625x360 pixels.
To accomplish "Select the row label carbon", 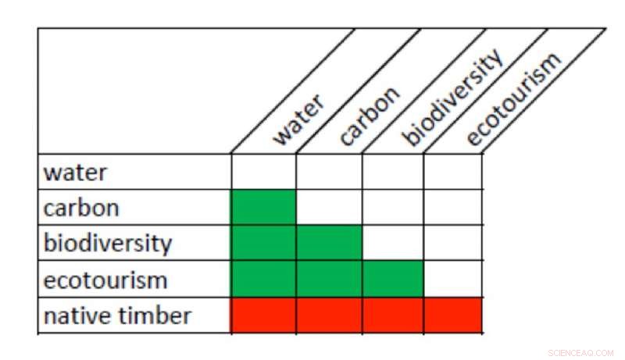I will tap(81, 208).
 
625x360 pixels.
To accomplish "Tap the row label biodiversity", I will tap(106, 243).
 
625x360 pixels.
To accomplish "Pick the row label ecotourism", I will tap(105, 279).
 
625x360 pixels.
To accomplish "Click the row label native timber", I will tap(117, 315).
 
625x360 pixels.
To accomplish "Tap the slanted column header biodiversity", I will tap(452, 98).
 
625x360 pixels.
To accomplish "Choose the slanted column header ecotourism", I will tap(512, 98).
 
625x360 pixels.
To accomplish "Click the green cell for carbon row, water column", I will tap(263, 208).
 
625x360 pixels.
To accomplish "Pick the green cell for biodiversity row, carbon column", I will tap(329, 243).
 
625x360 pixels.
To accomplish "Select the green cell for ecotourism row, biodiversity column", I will tap(393, 279).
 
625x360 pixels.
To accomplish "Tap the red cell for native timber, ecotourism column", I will tap(452, 315).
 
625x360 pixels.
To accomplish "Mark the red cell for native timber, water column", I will tap(263, 315).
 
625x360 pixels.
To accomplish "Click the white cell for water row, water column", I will tap(263, 172).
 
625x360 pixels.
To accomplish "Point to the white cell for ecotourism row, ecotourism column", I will tap(452, 279).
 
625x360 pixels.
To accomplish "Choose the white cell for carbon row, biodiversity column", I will tap(393, 208).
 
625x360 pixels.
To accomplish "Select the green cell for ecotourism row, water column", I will tap(263, 279).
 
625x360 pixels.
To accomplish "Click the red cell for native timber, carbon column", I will tap(329, 315).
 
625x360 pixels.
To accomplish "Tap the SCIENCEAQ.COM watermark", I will tap(581, 353).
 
